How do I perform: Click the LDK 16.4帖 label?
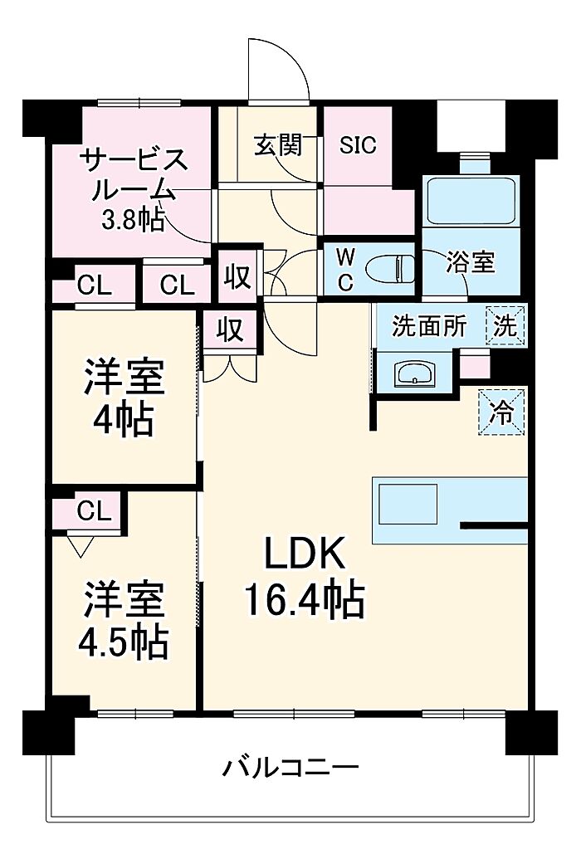point(305,578)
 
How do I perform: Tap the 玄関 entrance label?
point(278,145)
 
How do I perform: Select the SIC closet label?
point(358,144)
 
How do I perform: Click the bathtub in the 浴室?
point(471,200)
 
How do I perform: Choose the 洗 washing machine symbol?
point(505,326)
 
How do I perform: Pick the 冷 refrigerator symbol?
point(502,412)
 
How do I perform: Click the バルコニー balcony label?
point(290,767)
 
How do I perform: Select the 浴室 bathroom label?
point(471,262)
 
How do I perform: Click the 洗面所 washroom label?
point(429,327)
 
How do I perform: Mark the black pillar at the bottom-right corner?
point(530,731)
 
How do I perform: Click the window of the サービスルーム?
point(139,102)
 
